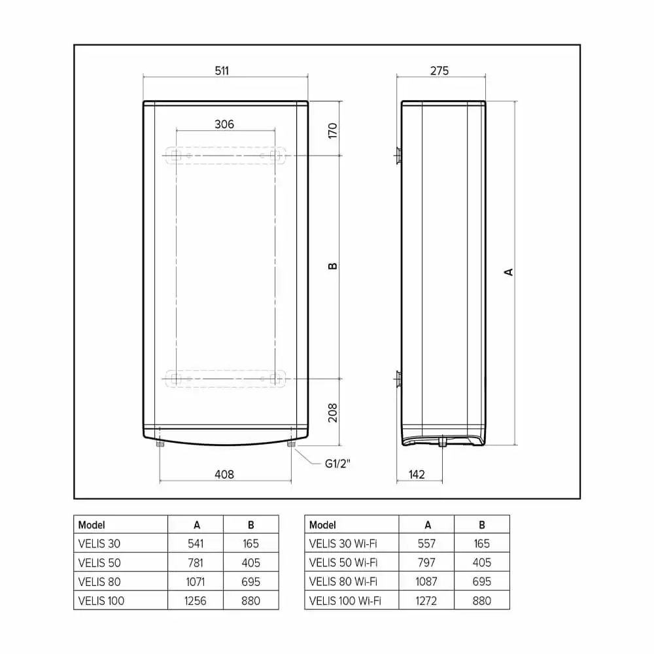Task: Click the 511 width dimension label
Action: pyautogui.click(x=222, y=71)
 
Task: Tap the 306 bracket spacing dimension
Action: pyautogui.click(x=224, y=124)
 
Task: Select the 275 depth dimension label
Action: pyautogui.click(x=439, y=71)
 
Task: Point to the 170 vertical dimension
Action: pyautogui.click(x=332, y=130)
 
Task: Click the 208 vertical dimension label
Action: pyautogui.click(x=332, y=412)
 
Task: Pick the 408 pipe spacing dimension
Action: pyautogui.click(x=224, y=474)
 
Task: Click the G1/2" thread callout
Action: pyautogui.click(x=338, y=464)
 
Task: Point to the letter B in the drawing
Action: pyautogui.click(x=332, y=266)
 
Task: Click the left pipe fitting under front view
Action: pyautogui.click(x=160, y=445)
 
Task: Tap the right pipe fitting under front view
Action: pyautogui.click(x=290, y=445)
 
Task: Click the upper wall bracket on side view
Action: pyautogui.click(x=398, y=156)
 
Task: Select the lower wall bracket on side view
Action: pyautogui.click(x=398, y=378)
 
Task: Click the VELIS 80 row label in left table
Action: pyautogui.click(x=99, y=581)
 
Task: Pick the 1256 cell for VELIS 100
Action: pyautogui.click(x=196, y=600)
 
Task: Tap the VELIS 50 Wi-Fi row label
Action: pyautogui.click(x=343, y=562)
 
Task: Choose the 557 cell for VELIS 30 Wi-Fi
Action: pyautogui.click(x=426, y=543)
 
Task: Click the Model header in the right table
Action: pyautogui.click(x=322, y=525)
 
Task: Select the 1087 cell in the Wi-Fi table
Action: pyautogui.click(x=426, y=581)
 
